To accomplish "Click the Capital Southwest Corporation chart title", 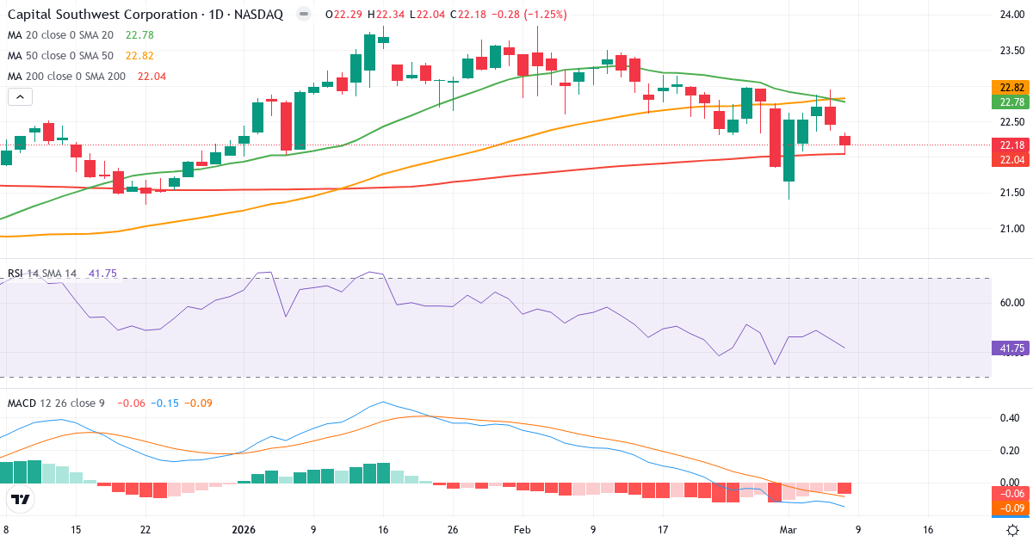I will click(146, 14).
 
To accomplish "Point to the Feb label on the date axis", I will click(523, 530).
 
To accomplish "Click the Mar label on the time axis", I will click(789, 530).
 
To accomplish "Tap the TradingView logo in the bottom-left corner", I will click(21, 500).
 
